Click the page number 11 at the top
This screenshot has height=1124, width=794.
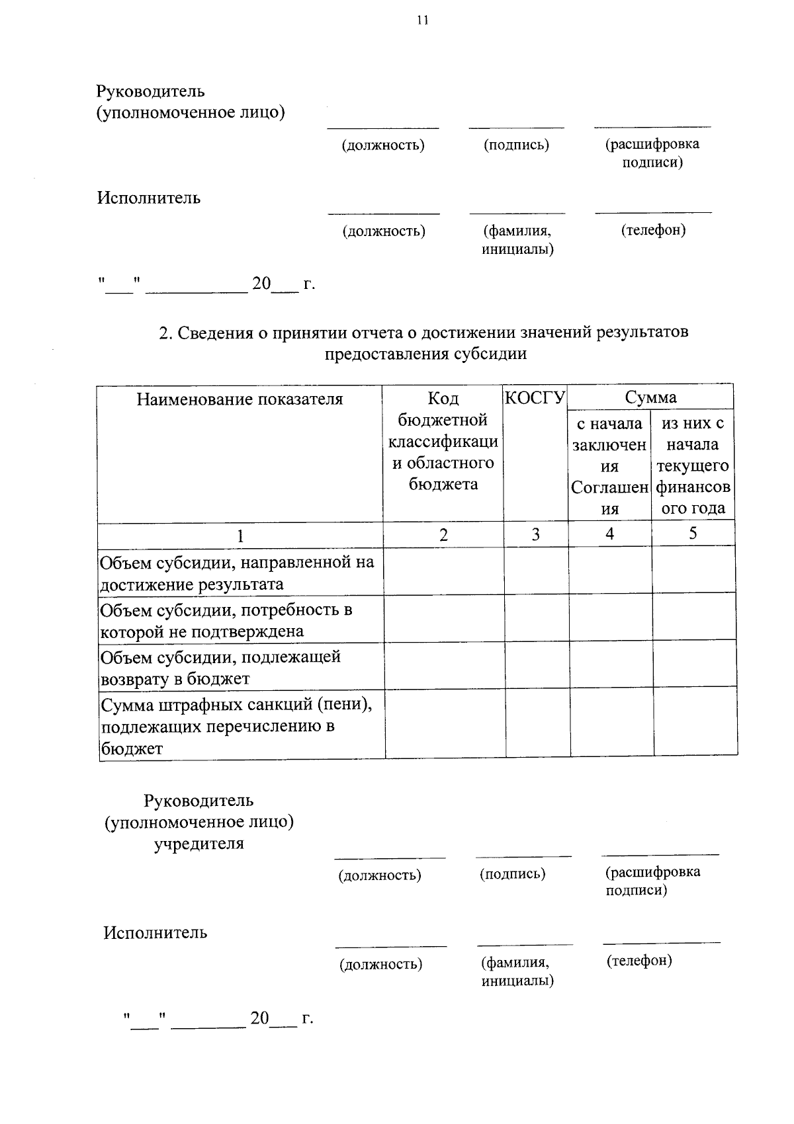pyautogui.click(x=423, y=20)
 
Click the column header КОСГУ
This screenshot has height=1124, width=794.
pyautogui.click(x=535, y=398)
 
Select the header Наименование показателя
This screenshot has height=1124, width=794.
pyautogui.click(x=240, y=399)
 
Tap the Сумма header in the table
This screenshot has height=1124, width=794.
pyautogui.click(x=650, y=397)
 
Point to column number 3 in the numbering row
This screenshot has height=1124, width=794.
pyautogui.click(x=535, y=534)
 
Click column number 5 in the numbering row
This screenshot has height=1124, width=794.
pyautogui.click(x=693, y=534)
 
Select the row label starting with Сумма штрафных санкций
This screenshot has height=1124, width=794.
pyautogui.click(x=236, y=726)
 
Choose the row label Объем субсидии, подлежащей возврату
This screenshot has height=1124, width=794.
pyautogui.click(x=220, y=668)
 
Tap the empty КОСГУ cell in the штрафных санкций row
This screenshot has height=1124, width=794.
pyautogui.click(x=538, y=722)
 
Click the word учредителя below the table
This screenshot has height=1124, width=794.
pyautogui.click(x=199, y=844)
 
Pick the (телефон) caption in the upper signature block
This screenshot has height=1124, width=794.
pyautogui.click(x=653, y=230)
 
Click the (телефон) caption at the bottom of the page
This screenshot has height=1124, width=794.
pyautogui.click(x=639, y=961)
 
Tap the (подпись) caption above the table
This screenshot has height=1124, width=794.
pyautogui.click(x=516, y=145)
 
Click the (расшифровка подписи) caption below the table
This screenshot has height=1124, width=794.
pyautogui.click(x=652, y=881)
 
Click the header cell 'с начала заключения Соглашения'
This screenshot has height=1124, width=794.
pyautogui.click(x=609, y=465)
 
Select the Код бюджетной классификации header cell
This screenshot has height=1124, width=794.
pyautogui.click(x=443, y=441)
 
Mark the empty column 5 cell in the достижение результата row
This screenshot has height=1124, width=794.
pyautogui.click(x=694, y=570)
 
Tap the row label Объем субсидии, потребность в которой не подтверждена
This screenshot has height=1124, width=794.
pyautogui.click(x=226, y=620)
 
